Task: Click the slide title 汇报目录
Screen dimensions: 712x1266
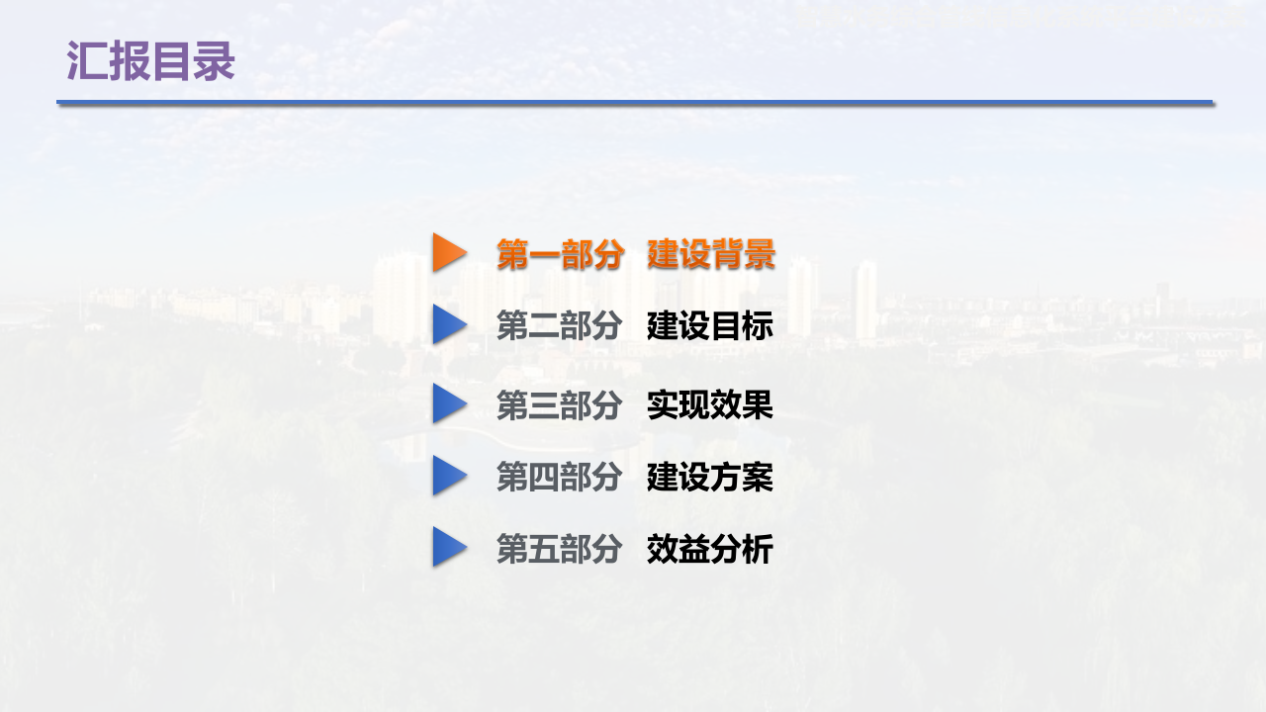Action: point(150,61)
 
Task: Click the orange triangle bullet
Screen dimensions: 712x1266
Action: point(448,252)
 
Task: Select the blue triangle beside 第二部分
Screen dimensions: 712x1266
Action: point(448,324)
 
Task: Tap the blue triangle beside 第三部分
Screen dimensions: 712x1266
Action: point(448,403)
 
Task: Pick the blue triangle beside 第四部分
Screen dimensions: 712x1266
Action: point(448,476)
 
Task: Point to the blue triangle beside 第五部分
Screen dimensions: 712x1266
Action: point(448,547)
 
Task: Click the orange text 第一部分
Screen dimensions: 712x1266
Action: point(560,254)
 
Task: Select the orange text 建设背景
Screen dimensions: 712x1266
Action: point(711,254)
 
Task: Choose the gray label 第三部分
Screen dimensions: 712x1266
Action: point(560,404)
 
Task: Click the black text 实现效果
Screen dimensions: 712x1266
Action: point(710,404)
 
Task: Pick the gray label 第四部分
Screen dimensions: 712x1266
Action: point(560,477)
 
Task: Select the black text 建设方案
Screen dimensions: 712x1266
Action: point(710,477)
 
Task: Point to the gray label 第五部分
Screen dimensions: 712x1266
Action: point(560,548)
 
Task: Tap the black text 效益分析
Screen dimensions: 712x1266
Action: point(710,548)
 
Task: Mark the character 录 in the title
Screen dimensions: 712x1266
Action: point(215,61)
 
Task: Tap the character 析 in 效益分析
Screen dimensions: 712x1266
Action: point(758,548)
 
